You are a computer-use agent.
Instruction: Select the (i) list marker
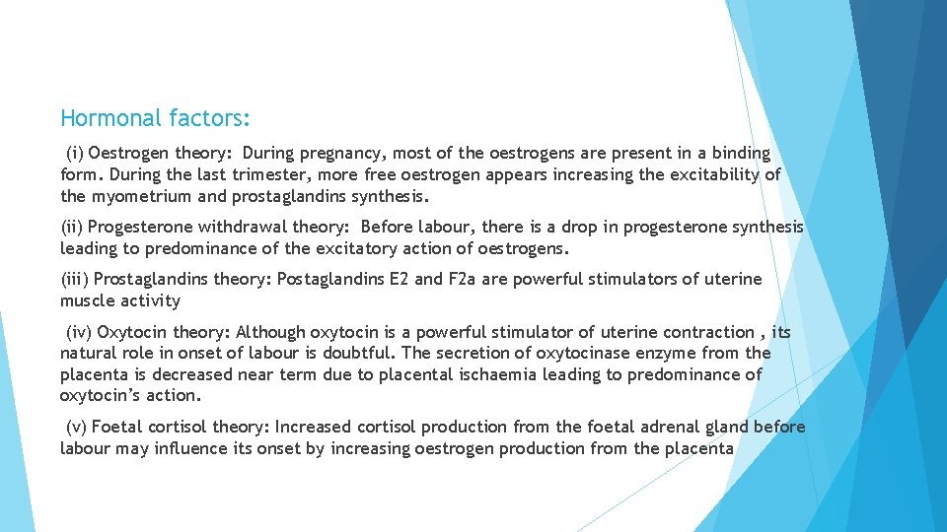(x=74, y=154)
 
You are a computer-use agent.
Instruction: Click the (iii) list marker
(x=74, y=280)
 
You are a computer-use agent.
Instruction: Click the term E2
(x=398, y=280)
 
